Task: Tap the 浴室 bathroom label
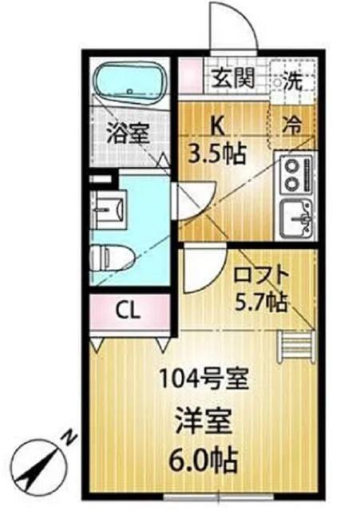point(128,133)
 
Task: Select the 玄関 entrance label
point(233,80)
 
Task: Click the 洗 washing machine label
point(296,80)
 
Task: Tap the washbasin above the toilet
point(109,209)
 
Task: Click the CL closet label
point(128,311)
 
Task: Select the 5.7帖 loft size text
point(260,302)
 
